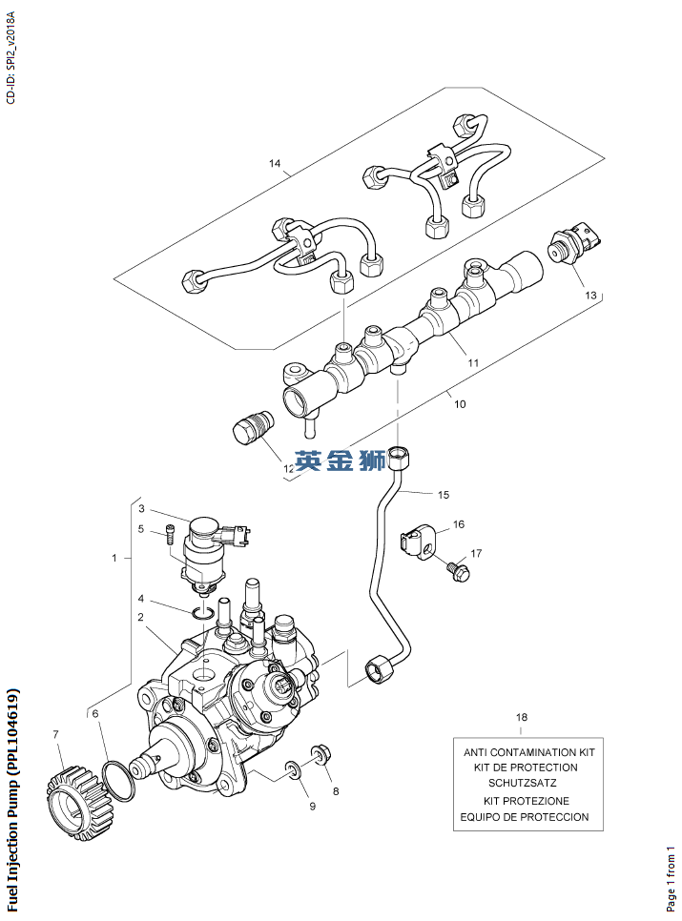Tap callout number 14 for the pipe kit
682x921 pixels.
(x=275, y=164)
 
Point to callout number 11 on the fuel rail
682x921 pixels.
(x=472, y=362)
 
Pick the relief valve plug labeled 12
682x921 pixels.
(x=253, y=428)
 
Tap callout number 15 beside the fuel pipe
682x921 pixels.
(x=443, y=495)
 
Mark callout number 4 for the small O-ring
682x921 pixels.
(x=140, y=599)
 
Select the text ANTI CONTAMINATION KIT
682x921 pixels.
(x=528, y=751)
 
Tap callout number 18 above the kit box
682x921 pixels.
(x=521, y=716)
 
